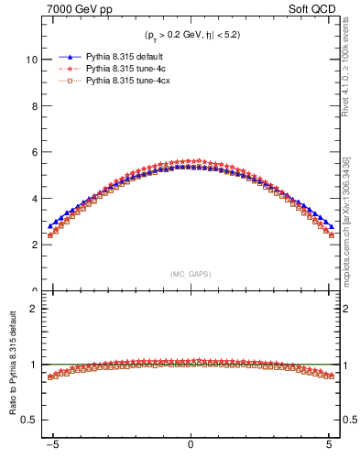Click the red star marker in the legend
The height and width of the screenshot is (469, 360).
point(69,68)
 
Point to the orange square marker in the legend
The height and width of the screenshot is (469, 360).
point(69,81)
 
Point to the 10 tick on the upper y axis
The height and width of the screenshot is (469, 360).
point(32,60)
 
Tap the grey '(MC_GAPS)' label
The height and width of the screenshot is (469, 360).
point(190,274)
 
